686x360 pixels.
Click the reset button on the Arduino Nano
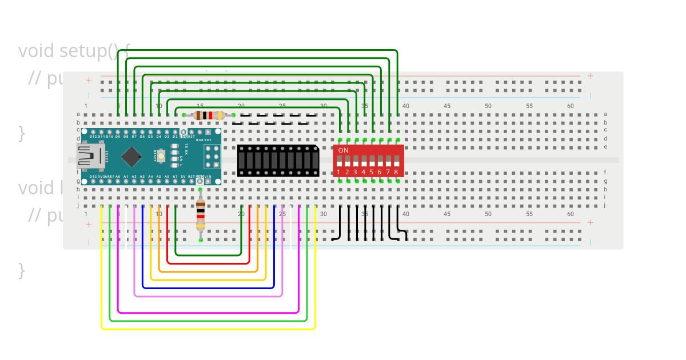pos(161,155)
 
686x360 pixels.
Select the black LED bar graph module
pos(278,161)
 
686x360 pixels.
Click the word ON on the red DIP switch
pos(344,150)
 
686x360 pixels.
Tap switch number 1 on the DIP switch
pos(339,162)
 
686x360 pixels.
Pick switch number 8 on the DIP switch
pos(396,162)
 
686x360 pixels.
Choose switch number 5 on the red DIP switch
pos(372,162)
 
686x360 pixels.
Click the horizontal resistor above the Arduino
pos(208,115)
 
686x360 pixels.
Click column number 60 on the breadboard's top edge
pos(570,106)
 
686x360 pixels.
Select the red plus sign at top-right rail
pos(590,76)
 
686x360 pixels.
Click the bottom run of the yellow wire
pos(208,329)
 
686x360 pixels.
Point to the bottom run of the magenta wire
pos(208,313)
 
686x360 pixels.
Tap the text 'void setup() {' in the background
pos(74,51)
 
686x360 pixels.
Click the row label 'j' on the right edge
pos(605,205)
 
